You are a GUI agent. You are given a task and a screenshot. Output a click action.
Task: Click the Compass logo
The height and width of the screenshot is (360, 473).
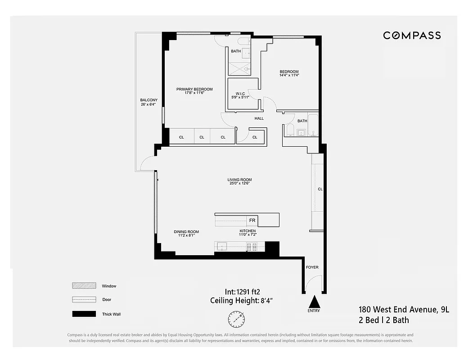coord(412,36)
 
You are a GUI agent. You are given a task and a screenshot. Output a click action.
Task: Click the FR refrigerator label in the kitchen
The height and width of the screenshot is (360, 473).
coord(252,220)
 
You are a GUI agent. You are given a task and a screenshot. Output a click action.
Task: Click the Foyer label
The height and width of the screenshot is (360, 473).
coord(312,267)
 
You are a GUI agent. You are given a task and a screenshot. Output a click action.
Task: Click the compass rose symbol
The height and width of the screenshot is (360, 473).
coord(236,320)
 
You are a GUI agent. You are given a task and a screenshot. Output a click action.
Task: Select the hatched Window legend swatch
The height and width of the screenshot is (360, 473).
coord(84,286)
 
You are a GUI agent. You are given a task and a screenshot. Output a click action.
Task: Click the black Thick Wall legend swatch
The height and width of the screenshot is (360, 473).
coord(84,314)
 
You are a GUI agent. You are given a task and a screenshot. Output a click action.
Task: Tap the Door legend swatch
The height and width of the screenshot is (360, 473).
coord(84,300)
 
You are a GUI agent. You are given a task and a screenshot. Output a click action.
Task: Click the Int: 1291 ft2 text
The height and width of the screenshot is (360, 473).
coord(242,291)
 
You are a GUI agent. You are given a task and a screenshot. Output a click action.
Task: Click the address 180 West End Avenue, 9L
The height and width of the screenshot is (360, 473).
coord(404,310)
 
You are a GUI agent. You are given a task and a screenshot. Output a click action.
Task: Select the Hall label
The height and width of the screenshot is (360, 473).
coord(259,118)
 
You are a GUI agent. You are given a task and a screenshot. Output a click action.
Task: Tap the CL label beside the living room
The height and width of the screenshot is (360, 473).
coord(320,189)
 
